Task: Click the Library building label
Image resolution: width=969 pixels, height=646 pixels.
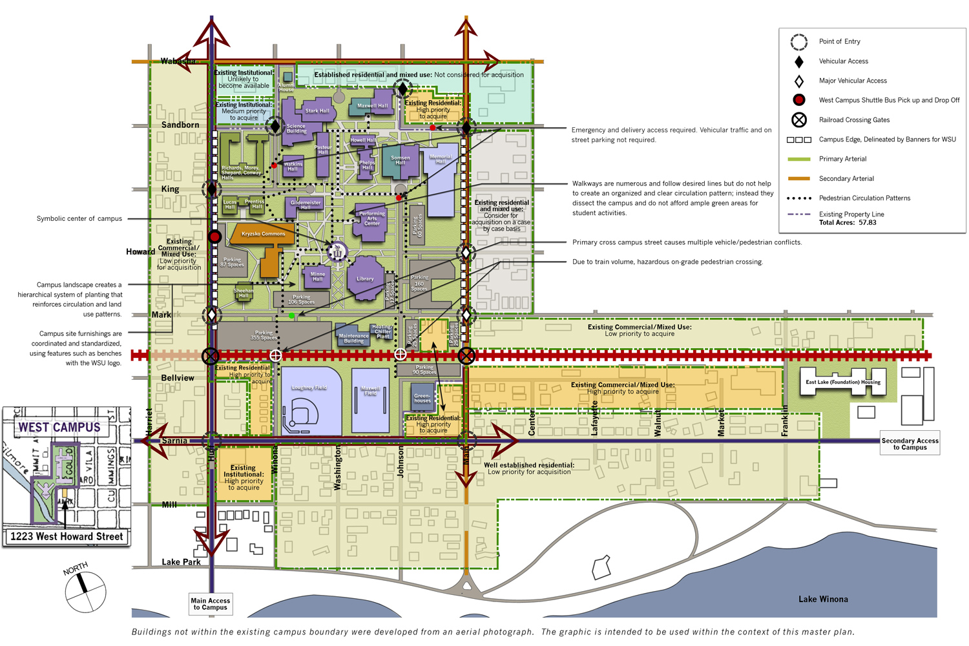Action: pyautogui.click(x=365, y=279)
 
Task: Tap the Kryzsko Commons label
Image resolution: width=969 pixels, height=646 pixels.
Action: pyautogui.click(x=264, y=234)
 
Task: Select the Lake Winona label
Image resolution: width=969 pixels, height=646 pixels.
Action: pyautogui.click(x=823, y=599)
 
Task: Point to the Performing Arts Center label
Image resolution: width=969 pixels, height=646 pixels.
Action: pyautogui.click(x=372, y=218)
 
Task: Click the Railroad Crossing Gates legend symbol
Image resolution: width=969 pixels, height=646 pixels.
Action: pyautogui.click(x=799, y=120)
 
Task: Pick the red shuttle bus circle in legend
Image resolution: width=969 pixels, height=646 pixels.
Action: pyautogui.click(x=799, y=100)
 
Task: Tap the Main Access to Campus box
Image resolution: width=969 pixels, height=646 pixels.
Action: pyautogui.click(x=210, y=604)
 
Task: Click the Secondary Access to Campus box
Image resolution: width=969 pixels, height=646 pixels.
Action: pyautogui.click(x=910, y=444)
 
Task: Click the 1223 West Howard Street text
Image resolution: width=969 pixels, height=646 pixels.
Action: pyautogui.click(x=67, y=537)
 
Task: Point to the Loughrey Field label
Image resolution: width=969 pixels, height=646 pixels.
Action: pyautogui.click(x=309, y=388)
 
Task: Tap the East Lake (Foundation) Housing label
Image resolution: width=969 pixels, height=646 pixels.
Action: pyautogui.click(x=842, y=382)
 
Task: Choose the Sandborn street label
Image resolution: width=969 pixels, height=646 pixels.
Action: pyautogui.click(x=180, y=125)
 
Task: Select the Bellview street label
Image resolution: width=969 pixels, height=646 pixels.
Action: pyautogui.click(x=178, y=378)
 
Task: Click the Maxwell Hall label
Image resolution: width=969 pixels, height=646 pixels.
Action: pyautogui.click(x=373, y=106)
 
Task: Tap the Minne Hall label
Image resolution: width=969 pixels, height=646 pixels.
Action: pyautogui.click(x=318, y=276)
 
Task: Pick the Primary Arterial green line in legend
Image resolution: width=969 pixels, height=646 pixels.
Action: pyautogui.click(x=799, y=159)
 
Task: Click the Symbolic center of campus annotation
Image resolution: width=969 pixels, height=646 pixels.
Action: pyautogui.click(x=79, y=219)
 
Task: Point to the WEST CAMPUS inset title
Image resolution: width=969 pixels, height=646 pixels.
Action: pyautogui.click(x=59, y=428)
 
